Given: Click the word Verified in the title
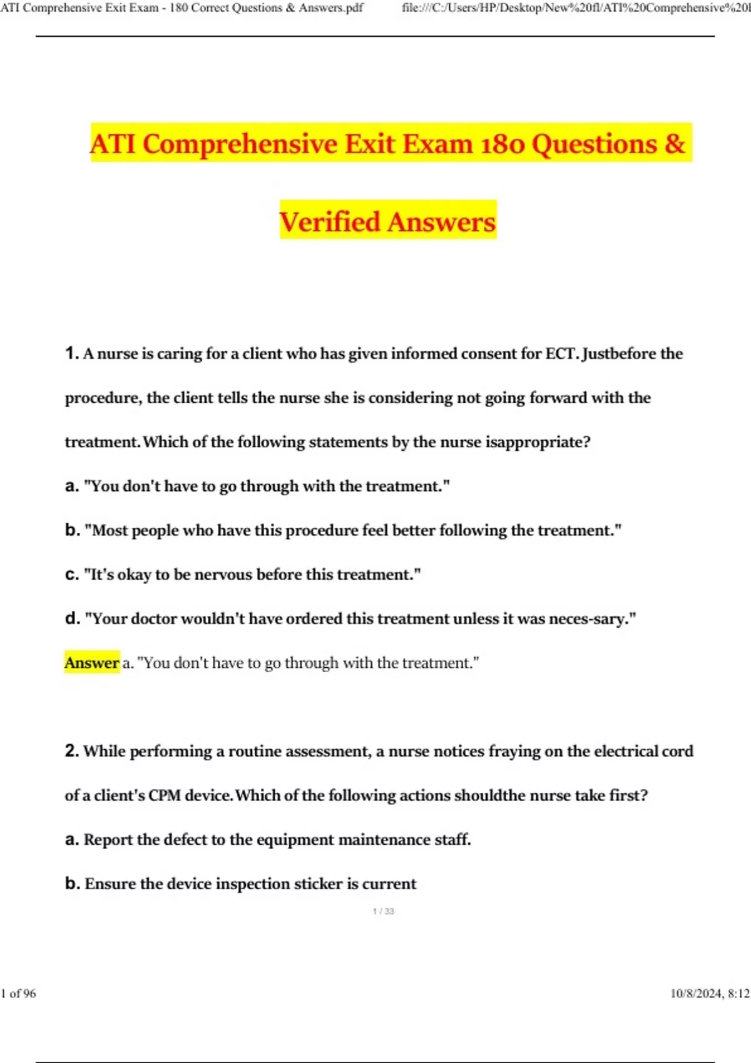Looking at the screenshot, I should [329, 222].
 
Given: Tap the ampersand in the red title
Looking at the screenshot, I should [675, 144].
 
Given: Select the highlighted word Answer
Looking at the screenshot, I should [91, 663].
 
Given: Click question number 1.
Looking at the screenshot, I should [71, 353].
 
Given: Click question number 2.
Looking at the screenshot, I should [71, 750].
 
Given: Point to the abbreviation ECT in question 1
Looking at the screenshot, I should [561, 353].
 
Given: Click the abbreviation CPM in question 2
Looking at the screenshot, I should [165, 795].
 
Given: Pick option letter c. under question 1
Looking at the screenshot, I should [72, 575].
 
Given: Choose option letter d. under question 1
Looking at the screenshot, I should [72, 618].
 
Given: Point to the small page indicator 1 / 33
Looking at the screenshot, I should [383, 911].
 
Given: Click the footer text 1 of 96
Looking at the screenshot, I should [19, 994].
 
